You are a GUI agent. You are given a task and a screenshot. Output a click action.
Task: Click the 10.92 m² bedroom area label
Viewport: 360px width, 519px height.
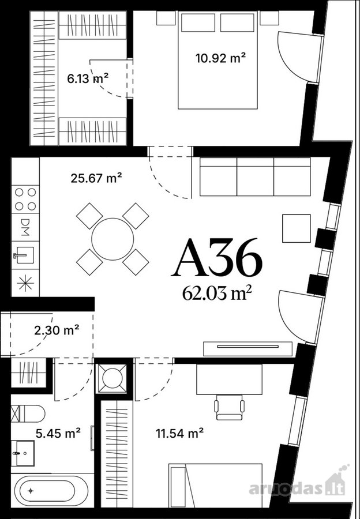[x=220, y=58]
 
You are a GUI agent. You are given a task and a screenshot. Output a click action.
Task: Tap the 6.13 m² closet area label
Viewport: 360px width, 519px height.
[x=88, y=79]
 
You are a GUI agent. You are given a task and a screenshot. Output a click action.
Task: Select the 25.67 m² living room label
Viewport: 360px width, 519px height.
[x=96, y=178]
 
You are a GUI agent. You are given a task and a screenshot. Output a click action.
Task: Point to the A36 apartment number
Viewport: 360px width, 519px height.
[x=217, y=258]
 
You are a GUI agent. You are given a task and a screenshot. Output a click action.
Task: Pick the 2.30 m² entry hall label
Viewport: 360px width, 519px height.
[x=57, y=330]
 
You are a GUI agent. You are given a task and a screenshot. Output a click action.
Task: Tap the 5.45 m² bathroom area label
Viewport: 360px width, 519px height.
[x=58, y=433]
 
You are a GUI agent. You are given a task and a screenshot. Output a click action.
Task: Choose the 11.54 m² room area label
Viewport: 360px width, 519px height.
[x=180, y=433]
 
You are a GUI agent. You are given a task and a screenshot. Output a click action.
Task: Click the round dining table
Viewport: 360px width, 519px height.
[x=112, y=239]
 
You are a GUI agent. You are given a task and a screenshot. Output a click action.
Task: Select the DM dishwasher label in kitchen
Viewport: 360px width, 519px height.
[x=25, y=227]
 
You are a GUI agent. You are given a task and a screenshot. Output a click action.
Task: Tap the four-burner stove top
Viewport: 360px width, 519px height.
[x=25, y=200]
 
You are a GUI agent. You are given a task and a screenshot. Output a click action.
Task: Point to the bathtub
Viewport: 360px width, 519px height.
[x=50, y=491]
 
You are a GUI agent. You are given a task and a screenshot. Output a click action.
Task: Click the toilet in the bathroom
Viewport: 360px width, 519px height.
[x=28, y=413]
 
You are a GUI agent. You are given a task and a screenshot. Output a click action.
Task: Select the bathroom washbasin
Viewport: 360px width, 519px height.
[x=23, y=453]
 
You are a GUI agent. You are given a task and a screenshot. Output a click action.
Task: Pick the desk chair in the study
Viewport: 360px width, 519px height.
[x=229, y=408]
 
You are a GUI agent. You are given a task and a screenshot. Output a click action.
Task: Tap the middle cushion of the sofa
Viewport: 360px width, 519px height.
[x=255, y=177]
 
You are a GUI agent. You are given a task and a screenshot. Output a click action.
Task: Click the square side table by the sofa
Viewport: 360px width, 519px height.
[x=297, y=228]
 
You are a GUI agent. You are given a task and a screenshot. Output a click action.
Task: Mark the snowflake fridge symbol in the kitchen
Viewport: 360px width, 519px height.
[x=25, y=283]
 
